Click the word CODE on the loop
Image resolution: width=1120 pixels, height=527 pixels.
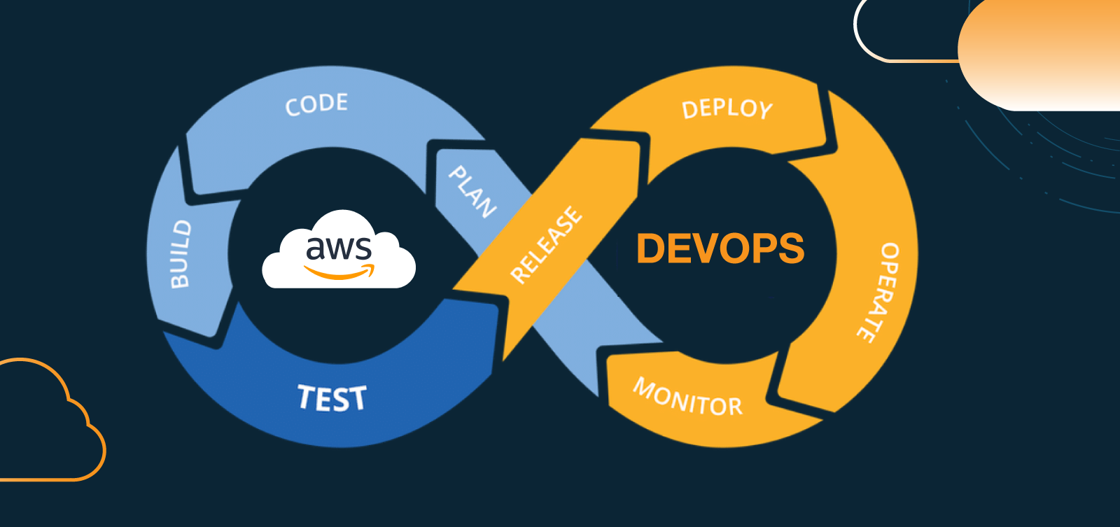(x=316, y=104)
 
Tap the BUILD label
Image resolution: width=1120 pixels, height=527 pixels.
(x=181, y=253)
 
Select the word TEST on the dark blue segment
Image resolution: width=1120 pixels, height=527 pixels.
(x=332, y=398)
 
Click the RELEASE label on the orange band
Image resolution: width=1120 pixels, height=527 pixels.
(x=547, y=245)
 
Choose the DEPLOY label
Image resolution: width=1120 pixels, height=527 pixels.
(x=727, y=109)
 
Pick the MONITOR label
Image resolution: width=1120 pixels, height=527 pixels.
(x=687, y=398)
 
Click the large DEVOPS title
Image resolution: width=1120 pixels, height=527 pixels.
(x=720, y=248)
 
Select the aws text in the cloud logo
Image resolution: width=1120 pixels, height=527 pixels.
(x=339, y=248)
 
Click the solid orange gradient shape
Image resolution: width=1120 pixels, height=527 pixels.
(x=1036, y=56)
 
